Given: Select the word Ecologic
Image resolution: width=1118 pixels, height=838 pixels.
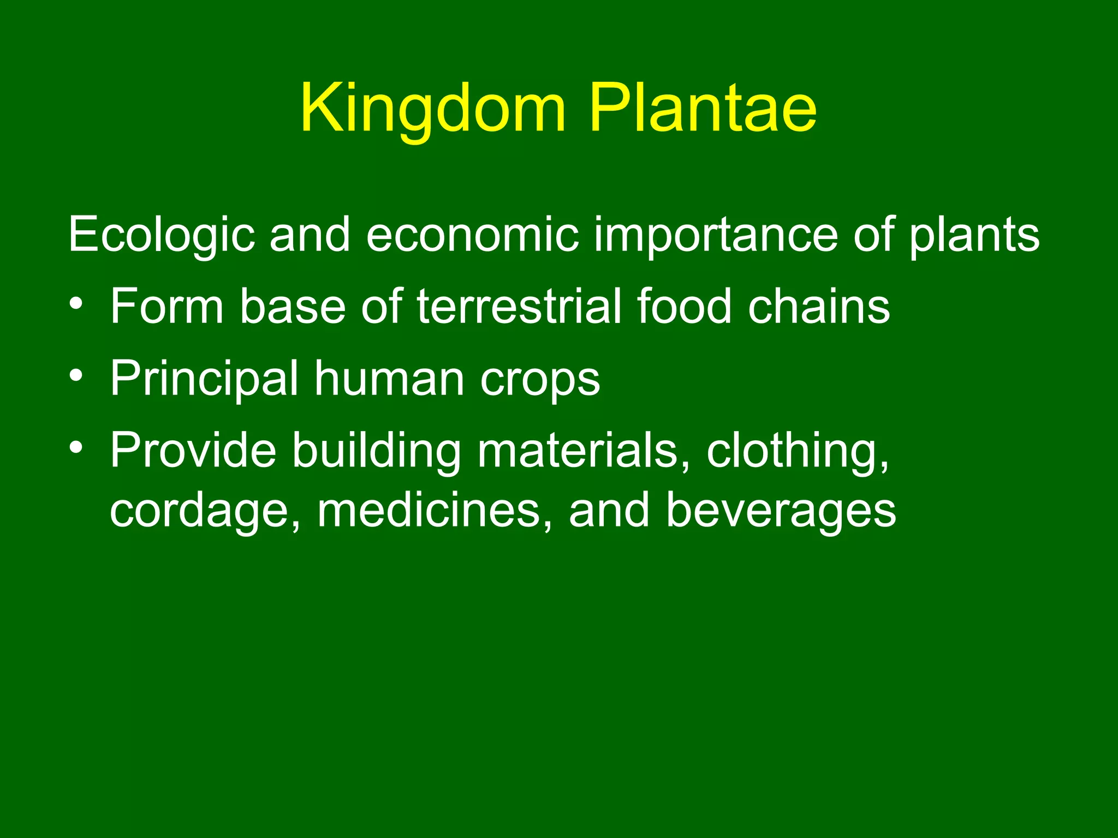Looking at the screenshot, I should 162,235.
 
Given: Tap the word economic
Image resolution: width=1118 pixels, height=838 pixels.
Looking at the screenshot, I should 472,235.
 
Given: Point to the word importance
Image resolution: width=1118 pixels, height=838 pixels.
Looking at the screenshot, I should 715,235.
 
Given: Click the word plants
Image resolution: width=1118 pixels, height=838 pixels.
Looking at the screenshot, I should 974,235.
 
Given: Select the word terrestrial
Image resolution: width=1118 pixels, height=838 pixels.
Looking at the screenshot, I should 519,307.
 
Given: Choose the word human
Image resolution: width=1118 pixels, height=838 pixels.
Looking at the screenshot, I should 389,379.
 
